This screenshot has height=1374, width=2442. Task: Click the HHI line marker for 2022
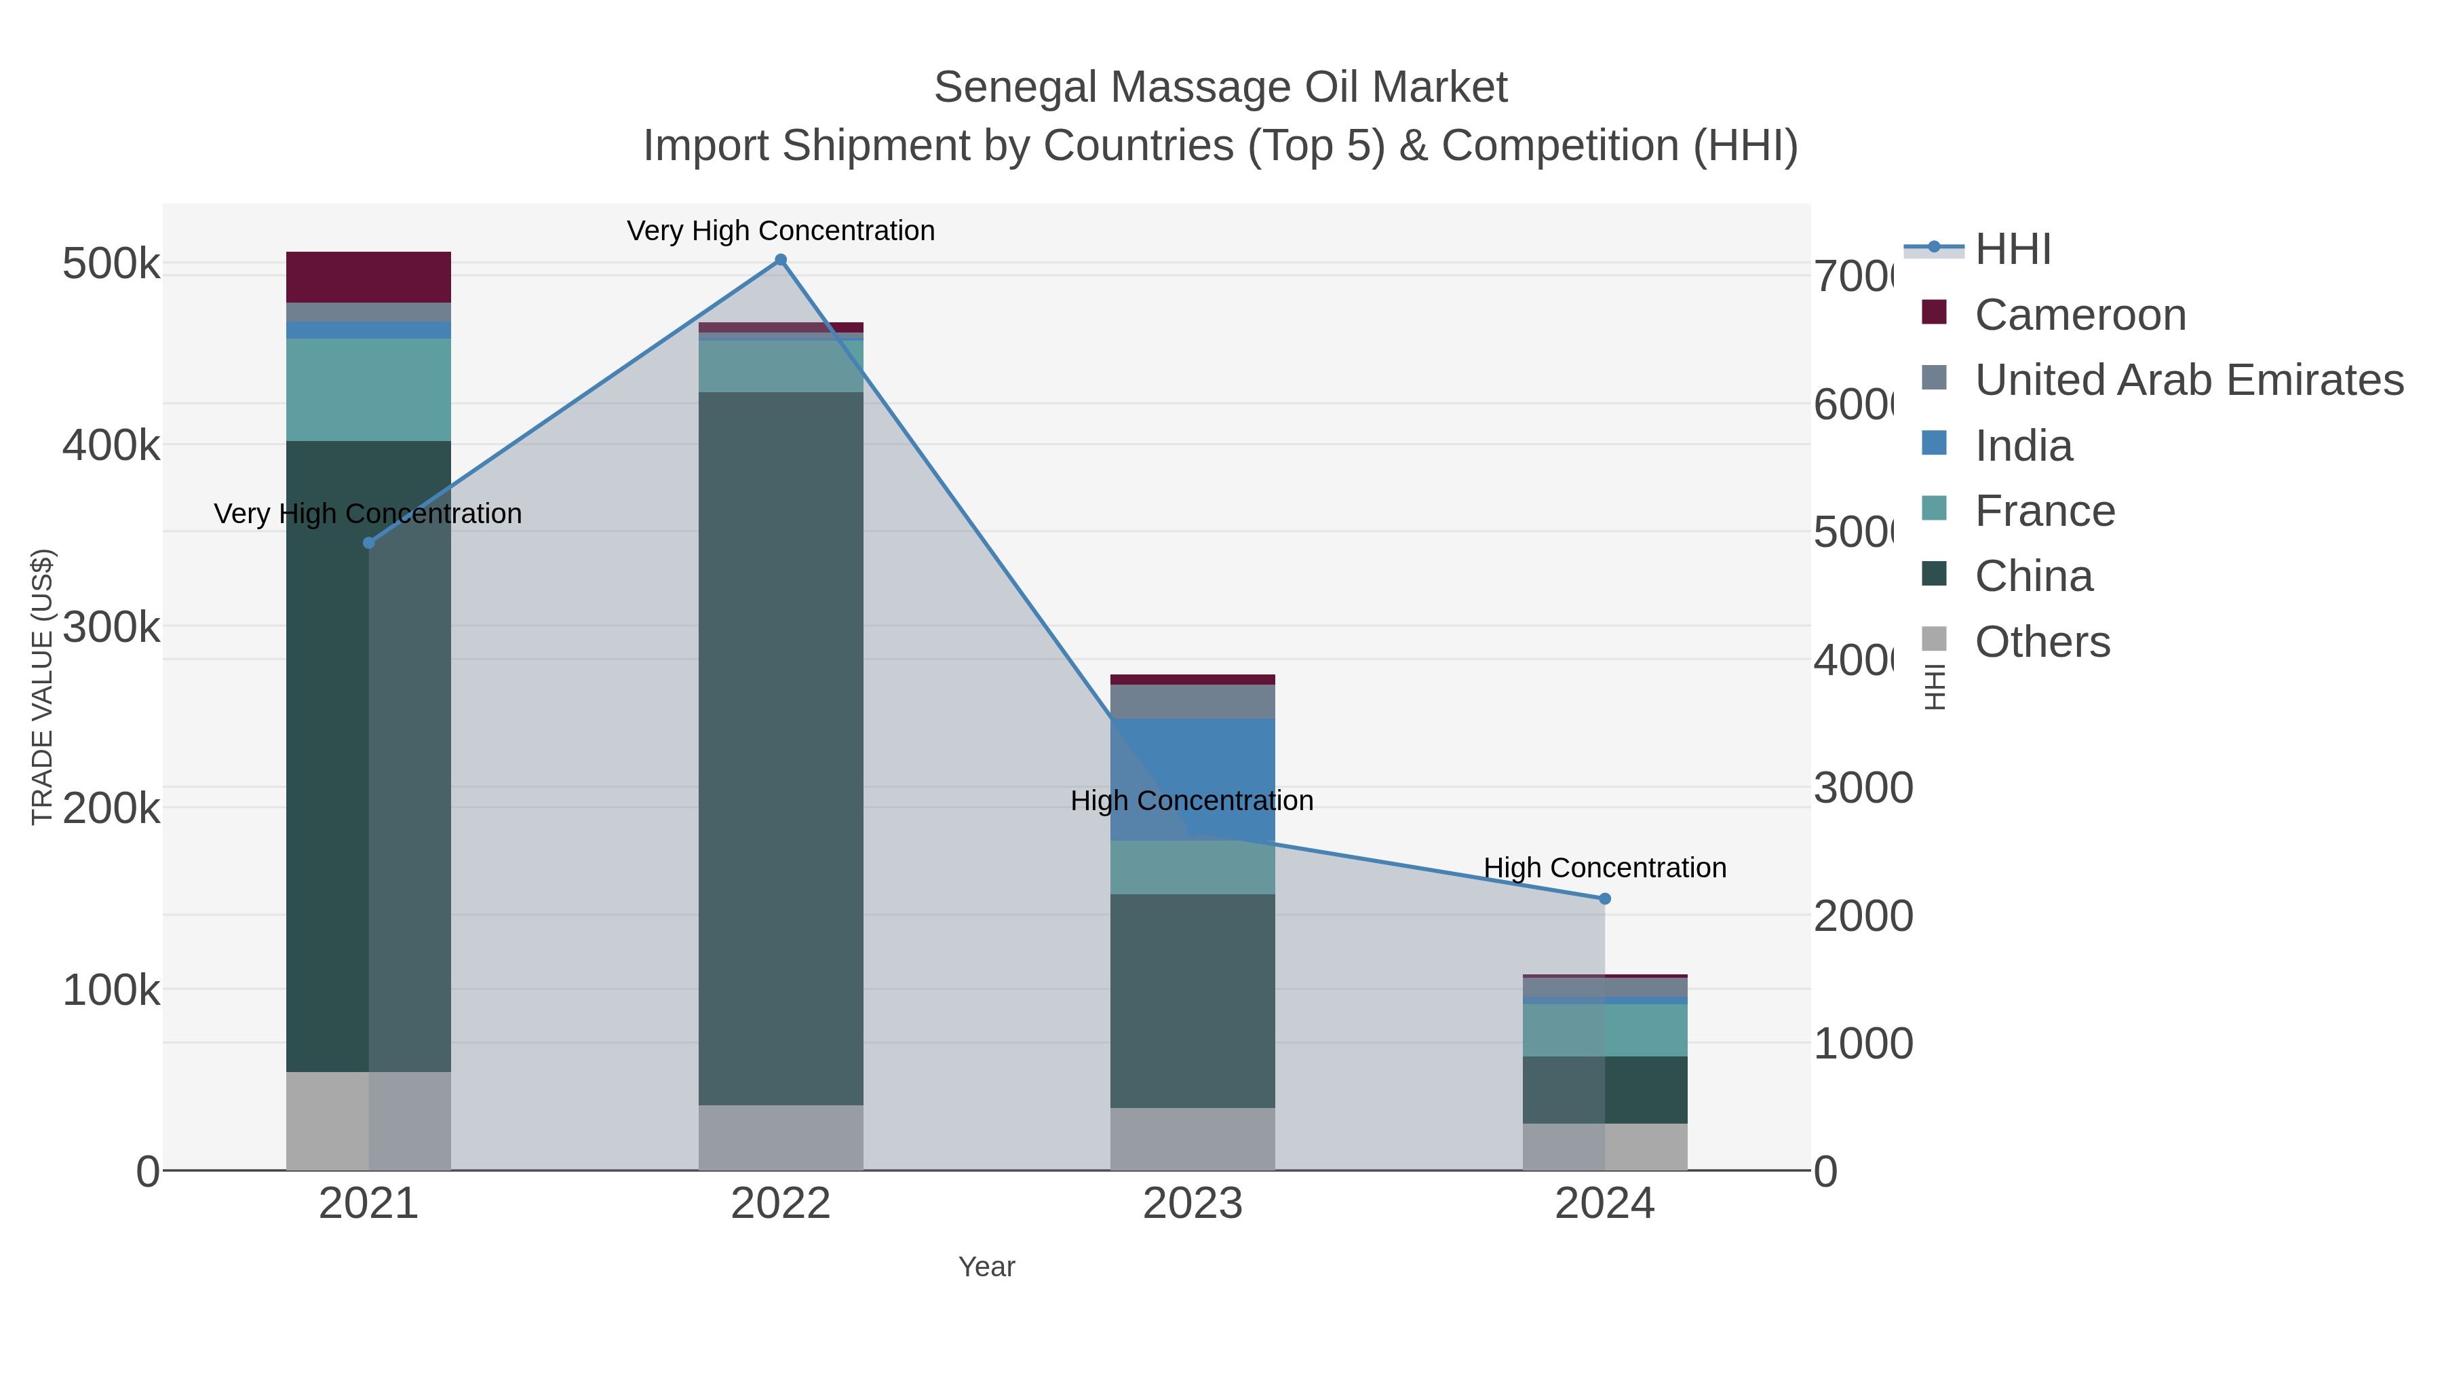(780, 260)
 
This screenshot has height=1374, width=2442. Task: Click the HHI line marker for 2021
(369, 542)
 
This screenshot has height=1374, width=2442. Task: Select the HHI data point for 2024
(1604, 898)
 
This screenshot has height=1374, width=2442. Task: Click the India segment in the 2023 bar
(1192, 778)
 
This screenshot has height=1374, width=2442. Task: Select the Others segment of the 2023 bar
(1192, 1138)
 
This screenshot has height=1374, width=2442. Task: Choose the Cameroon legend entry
(2079, 315)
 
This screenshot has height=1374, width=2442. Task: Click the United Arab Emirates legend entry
(2188, 380)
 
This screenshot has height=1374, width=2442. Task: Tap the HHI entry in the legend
(2012, 250)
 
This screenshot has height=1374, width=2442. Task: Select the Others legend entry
(2041, 642)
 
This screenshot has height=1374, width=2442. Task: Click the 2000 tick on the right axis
(1863, 916)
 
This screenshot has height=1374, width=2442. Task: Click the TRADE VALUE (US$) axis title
(43, 687)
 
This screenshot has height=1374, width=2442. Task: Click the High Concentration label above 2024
(1604, 868)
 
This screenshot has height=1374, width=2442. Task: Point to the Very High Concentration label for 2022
(780, 231)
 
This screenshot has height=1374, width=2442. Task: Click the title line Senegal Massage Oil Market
(1220, 88)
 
